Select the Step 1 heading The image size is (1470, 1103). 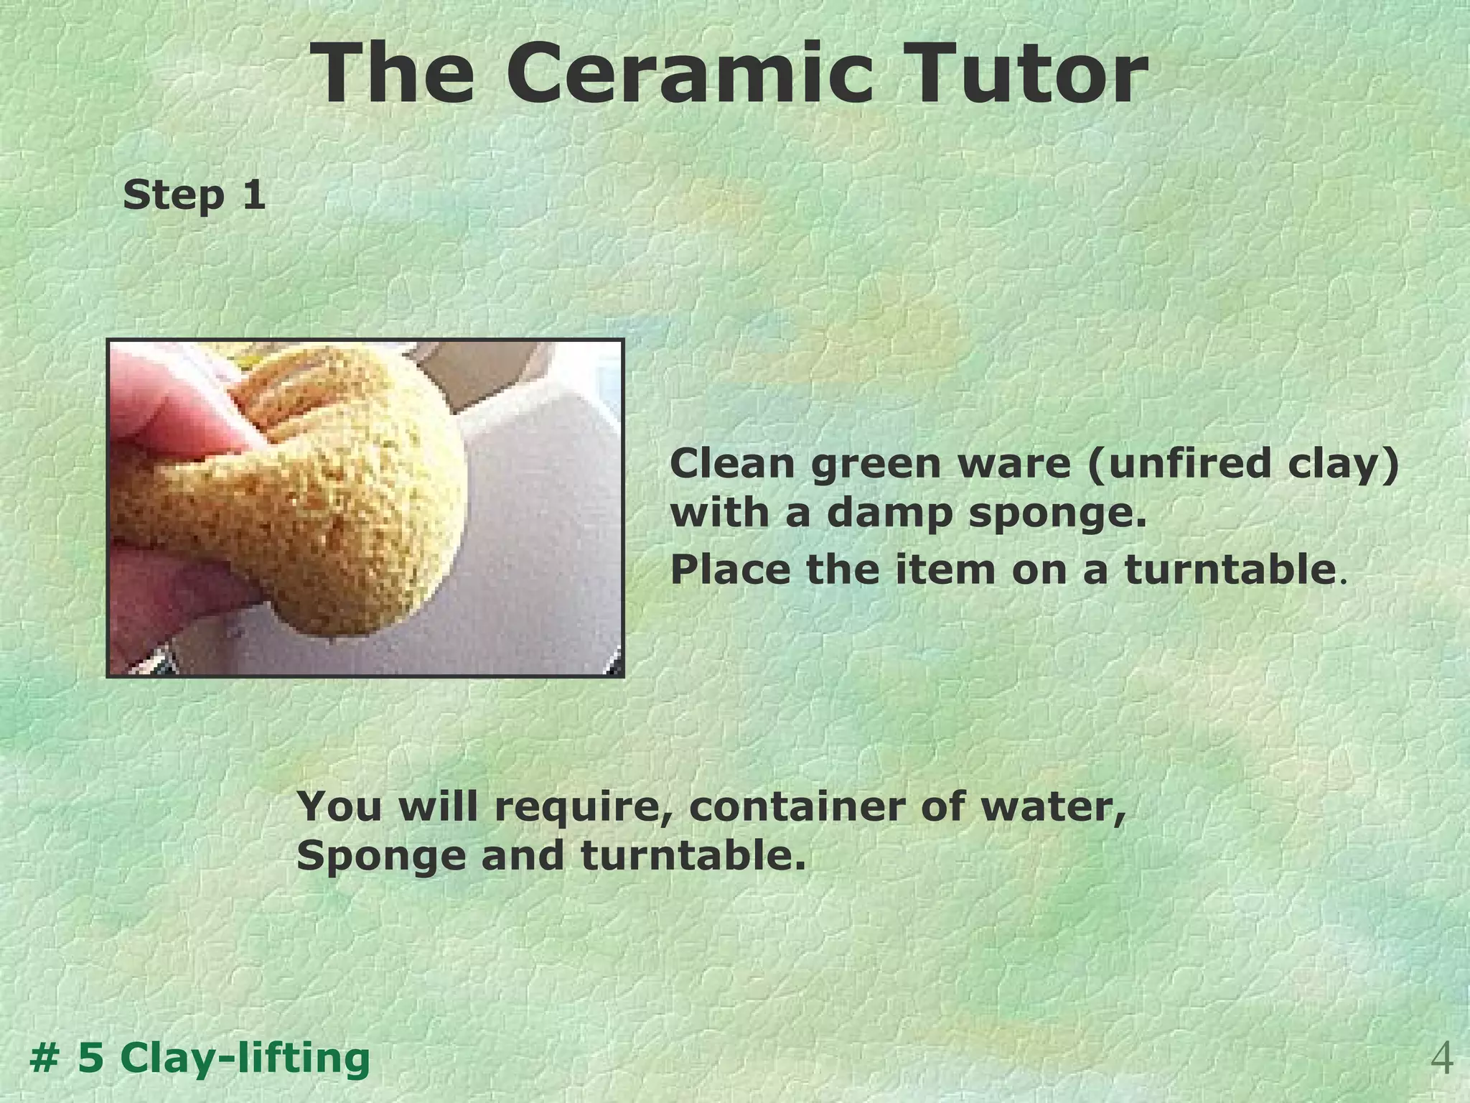point(194,195)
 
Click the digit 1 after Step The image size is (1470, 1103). point(253,195)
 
